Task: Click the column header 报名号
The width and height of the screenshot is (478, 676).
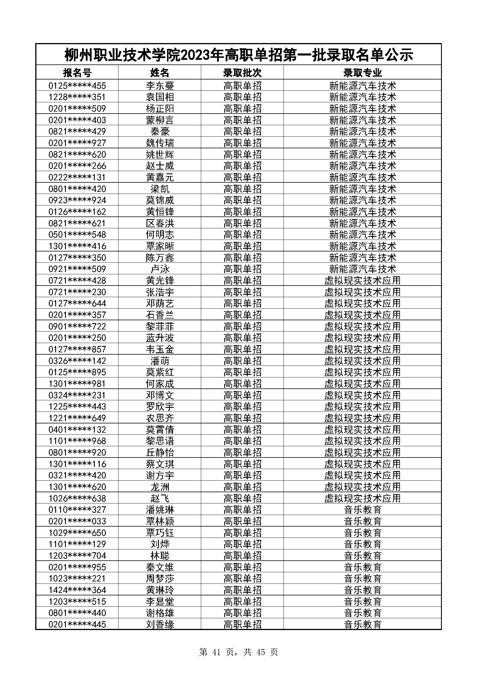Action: coord(77,73)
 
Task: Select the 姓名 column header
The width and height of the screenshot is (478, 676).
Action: coord(160,73)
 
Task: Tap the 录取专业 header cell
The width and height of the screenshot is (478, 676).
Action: coord(362,73)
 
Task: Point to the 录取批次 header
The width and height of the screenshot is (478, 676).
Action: coord(242,73)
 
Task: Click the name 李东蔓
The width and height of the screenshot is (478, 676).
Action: coord(160,86)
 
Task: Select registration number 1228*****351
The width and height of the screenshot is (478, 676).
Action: coord(77,97)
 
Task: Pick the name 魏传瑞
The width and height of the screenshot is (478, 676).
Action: coord(160,143)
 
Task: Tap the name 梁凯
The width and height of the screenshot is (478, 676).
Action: coord(160,189)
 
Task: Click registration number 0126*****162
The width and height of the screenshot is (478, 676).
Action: coord(77,212)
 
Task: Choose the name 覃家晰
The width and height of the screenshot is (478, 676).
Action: coord(160,246)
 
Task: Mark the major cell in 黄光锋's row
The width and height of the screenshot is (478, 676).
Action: coord(362,281)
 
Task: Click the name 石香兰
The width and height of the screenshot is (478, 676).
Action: coord(160,315)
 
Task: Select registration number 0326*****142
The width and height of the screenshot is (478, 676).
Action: coord(77,361)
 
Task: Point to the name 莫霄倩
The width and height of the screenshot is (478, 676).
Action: coord(160,429)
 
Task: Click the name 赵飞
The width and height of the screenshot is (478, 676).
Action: coord(160,499)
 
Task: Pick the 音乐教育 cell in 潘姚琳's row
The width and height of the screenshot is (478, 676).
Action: coord(362,510)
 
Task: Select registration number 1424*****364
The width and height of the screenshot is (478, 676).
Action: coord(77,590)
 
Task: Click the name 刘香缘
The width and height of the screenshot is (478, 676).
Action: coord(160,625)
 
